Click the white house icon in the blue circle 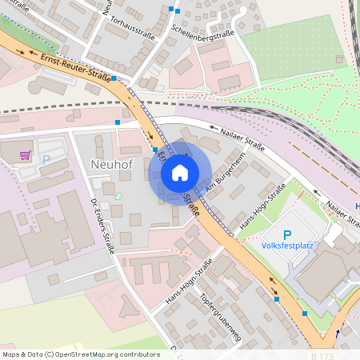coord(180,173)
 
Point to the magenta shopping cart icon coord(26,154)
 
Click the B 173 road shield coord(323,354)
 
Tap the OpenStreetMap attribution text coord(70,354)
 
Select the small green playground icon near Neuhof coord(119,195)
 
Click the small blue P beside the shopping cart coord(46,159)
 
